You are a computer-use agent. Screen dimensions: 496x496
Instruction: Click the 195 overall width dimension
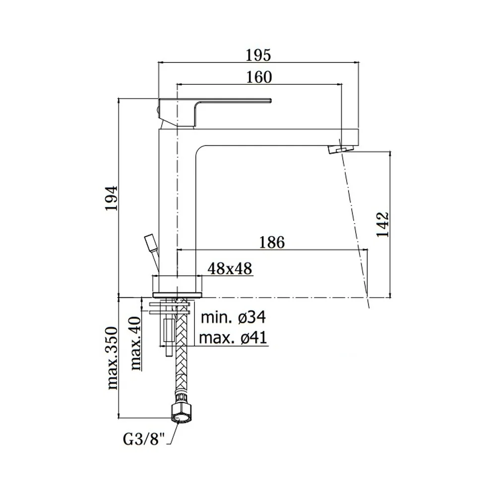258,55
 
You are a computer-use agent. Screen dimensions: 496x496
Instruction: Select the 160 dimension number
259,77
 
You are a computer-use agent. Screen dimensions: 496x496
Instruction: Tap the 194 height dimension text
112,198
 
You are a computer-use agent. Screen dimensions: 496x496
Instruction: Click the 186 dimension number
272,243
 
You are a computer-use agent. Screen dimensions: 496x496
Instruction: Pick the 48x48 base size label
230,268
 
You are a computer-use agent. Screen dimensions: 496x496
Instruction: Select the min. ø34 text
234,317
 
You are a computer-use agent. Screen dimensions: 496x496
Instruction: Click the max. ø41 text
233,337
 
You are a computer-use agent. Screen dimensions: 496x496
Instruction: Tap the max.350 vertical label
112,359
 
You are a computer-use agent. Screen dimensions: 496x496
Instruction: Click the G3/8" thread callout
144,439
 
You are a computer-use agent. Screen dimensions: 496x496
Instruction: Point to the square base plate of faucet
177,295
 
